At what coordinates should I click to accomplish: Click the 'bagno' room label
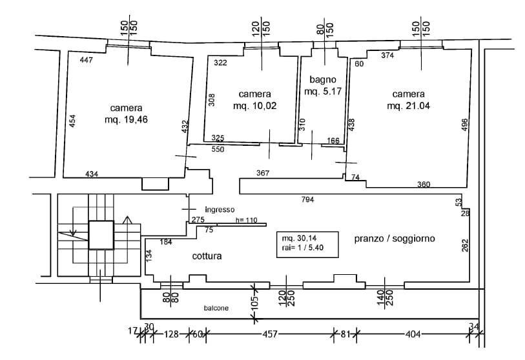pyautogui.click(x=320, y=79)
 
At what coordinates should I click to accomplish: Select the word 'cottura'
pyautogui.click(x=207, y=256)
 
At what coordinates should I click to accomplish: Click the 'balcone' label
pyautogui.click(x=216, y=308)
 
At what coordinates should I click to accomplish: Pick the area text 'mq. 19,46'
pyautogui.click(x=127, y=119)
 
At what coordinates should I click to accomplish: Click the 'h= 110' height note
pyautogui.click(x=246, y=220)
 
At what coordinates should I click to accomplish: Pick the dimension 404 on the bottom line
pyautogui.click(x=413, y=334)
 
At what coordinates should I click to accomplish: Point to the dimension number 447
pyautogui.click(x=87, y=60)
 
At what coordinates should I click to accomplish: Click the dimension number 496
pyautogui.click(x=464, y=125)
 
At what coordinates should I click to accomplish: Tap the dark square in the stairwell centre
pyautogui.click(x=100, y=235)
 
